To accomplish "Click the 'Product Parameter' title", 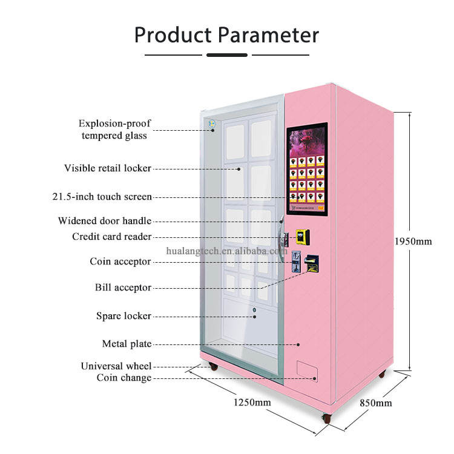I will pyautogui.click(x=226, y=35).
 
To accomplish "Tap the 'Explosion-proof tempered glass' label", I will pyautogui.click(x=114, y=130).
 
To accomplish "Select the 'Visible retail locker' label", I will pyautogui.click(x=108, y=168).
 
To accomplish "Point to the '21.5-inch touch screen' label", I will pyautogui.click(x=102, y=197).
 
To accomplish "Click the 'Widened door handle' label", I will pyautogui.click(x=105, y=221).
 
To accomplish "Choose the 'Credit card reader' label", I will pyautogui.click(x=111, y=237).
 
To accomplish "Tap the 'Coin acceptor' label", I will pyautogui.click(x=120, y=262).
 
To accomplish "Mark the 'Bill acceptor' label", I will pyautogui.click(x=123, y=288).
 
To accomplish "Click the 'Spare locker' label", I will pyautogui.click(x=123, y=316).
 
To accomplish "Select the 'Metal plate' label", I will pyautogui.click(x=127, y=344).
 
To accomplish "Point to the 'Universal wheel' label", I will pyautogui.click(x=116, y=366).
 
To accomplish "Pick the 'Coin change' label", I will pyautogui.click(x=124, y=378).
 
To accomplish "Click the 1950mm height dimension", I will pyautogui.click(x=430, y=242).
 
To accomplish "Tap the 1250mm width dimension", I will pyautogui.click(x=252, y=403).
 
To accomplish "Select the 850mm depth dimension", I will pyautogui.click(x=375, y=404).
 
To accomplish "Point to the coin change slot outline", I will pyautogui.click(x=307, y=370).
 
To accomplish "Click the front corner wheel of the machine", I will pyautogui.click(x=327, y=418).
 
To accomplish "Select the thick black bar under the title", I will pyautogui.click(x=227, y=55).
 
